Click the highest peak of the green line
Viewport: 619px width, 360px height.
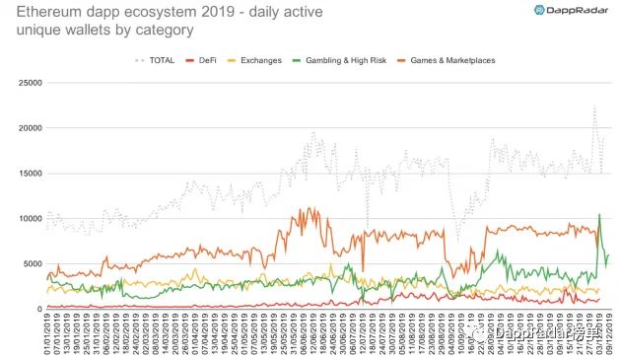599,214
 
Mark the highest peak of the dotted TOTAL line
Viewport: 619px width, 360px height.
595,107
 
